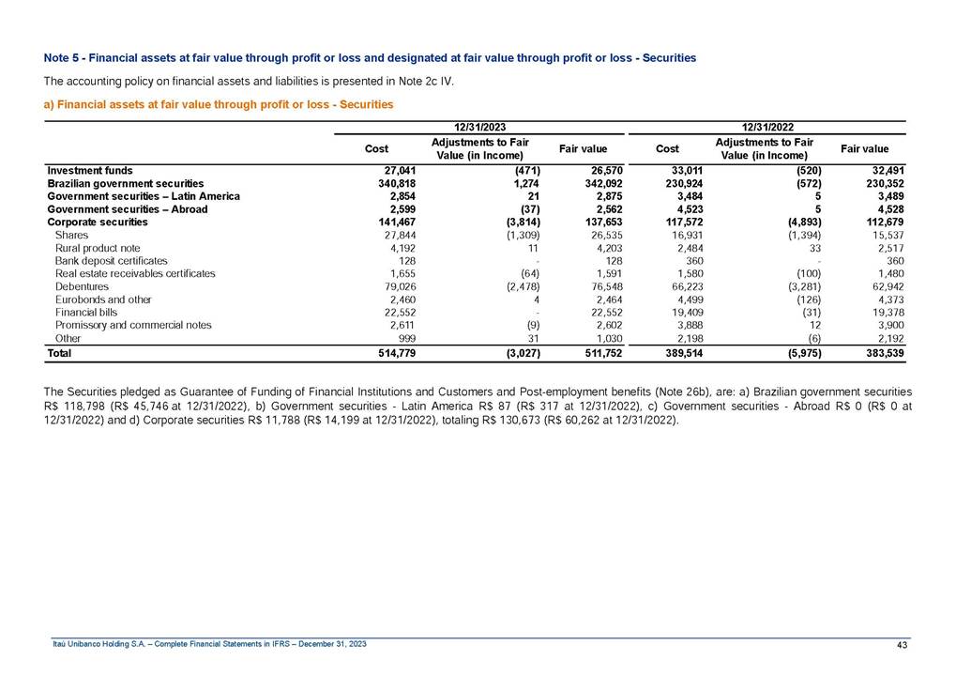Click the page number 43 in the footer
point(903,643)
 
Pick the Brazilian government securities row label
point(126,183)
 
